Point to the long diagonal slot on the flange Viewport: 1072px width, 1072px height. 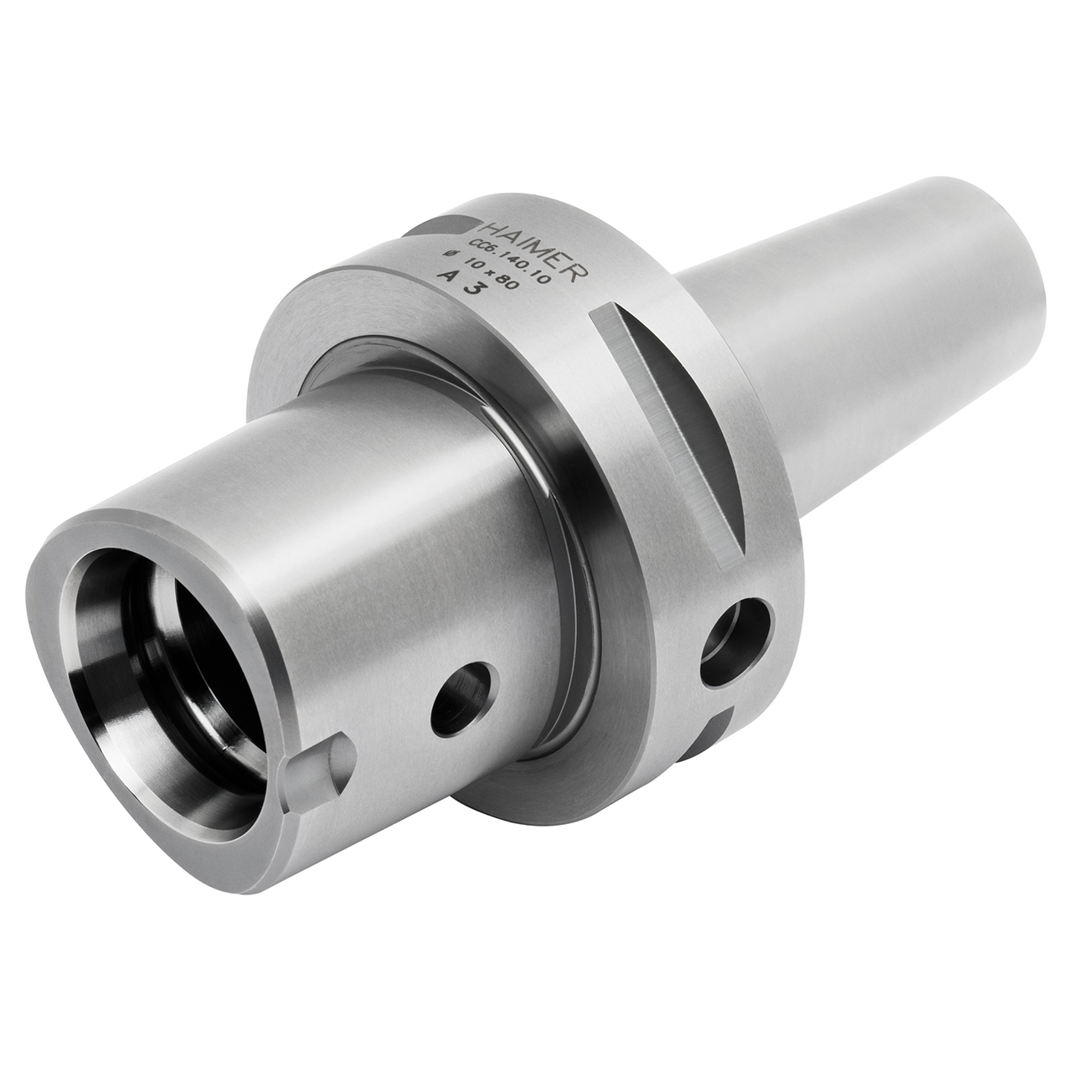[670, 419]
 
